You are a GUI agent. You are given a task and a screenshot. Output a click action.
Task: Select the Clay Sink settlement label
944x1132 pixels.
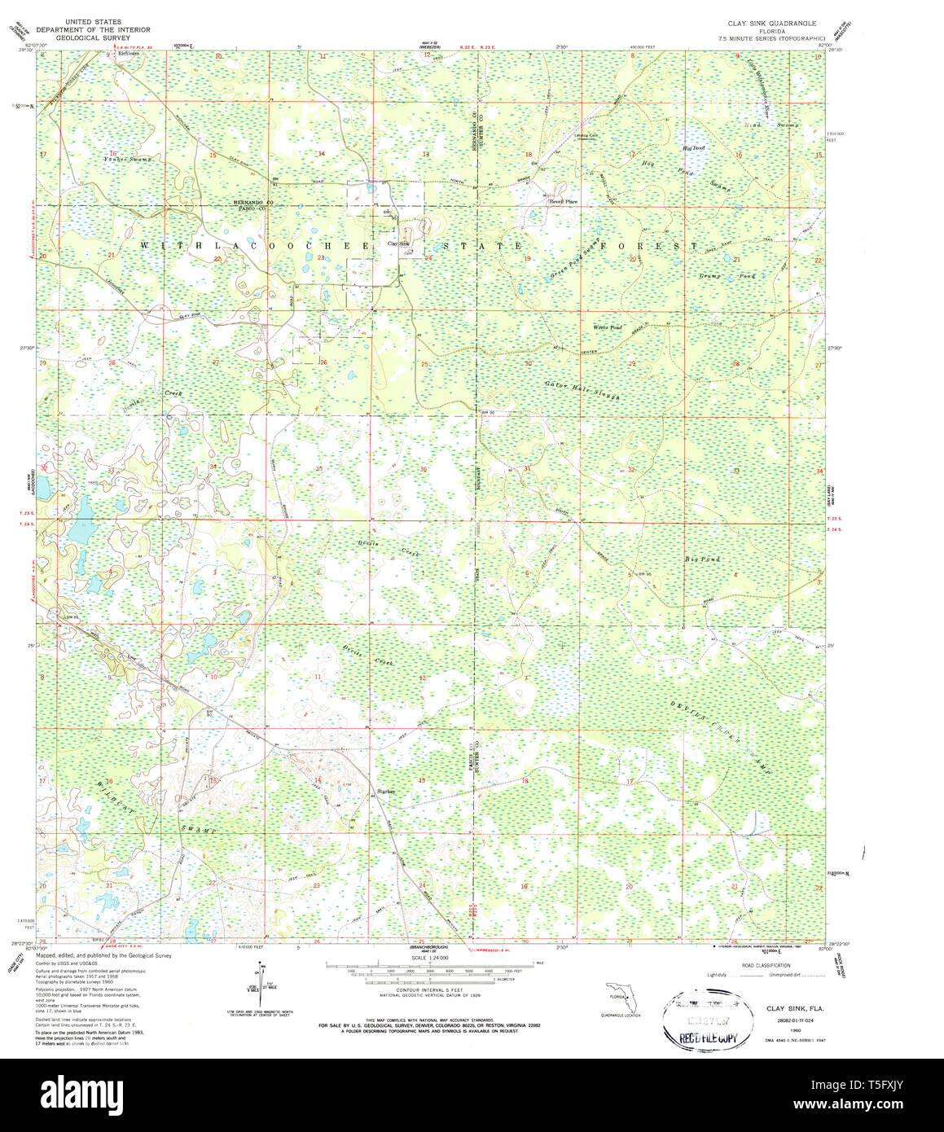[398, 244]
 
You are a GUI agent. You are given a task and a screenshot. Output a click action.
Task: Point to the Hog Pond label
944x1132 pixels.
[693, 147]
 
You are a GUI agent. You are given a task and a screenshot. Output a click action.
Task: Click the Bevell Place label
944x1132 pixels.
[563, 201]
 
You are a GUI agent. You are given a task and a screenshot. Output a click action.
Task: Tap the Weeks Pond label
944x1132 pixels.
[607, 327]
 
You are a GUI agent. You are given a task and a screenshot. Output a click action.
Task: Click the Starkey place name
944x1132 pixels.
[386, 791]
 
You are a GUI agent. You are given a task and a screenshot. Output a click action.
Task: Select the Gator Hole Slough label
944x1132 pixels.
[582, 390]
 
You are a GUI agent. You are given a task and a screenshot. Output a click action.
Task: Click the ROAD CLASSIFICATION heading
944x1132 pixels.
[760, 964]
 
